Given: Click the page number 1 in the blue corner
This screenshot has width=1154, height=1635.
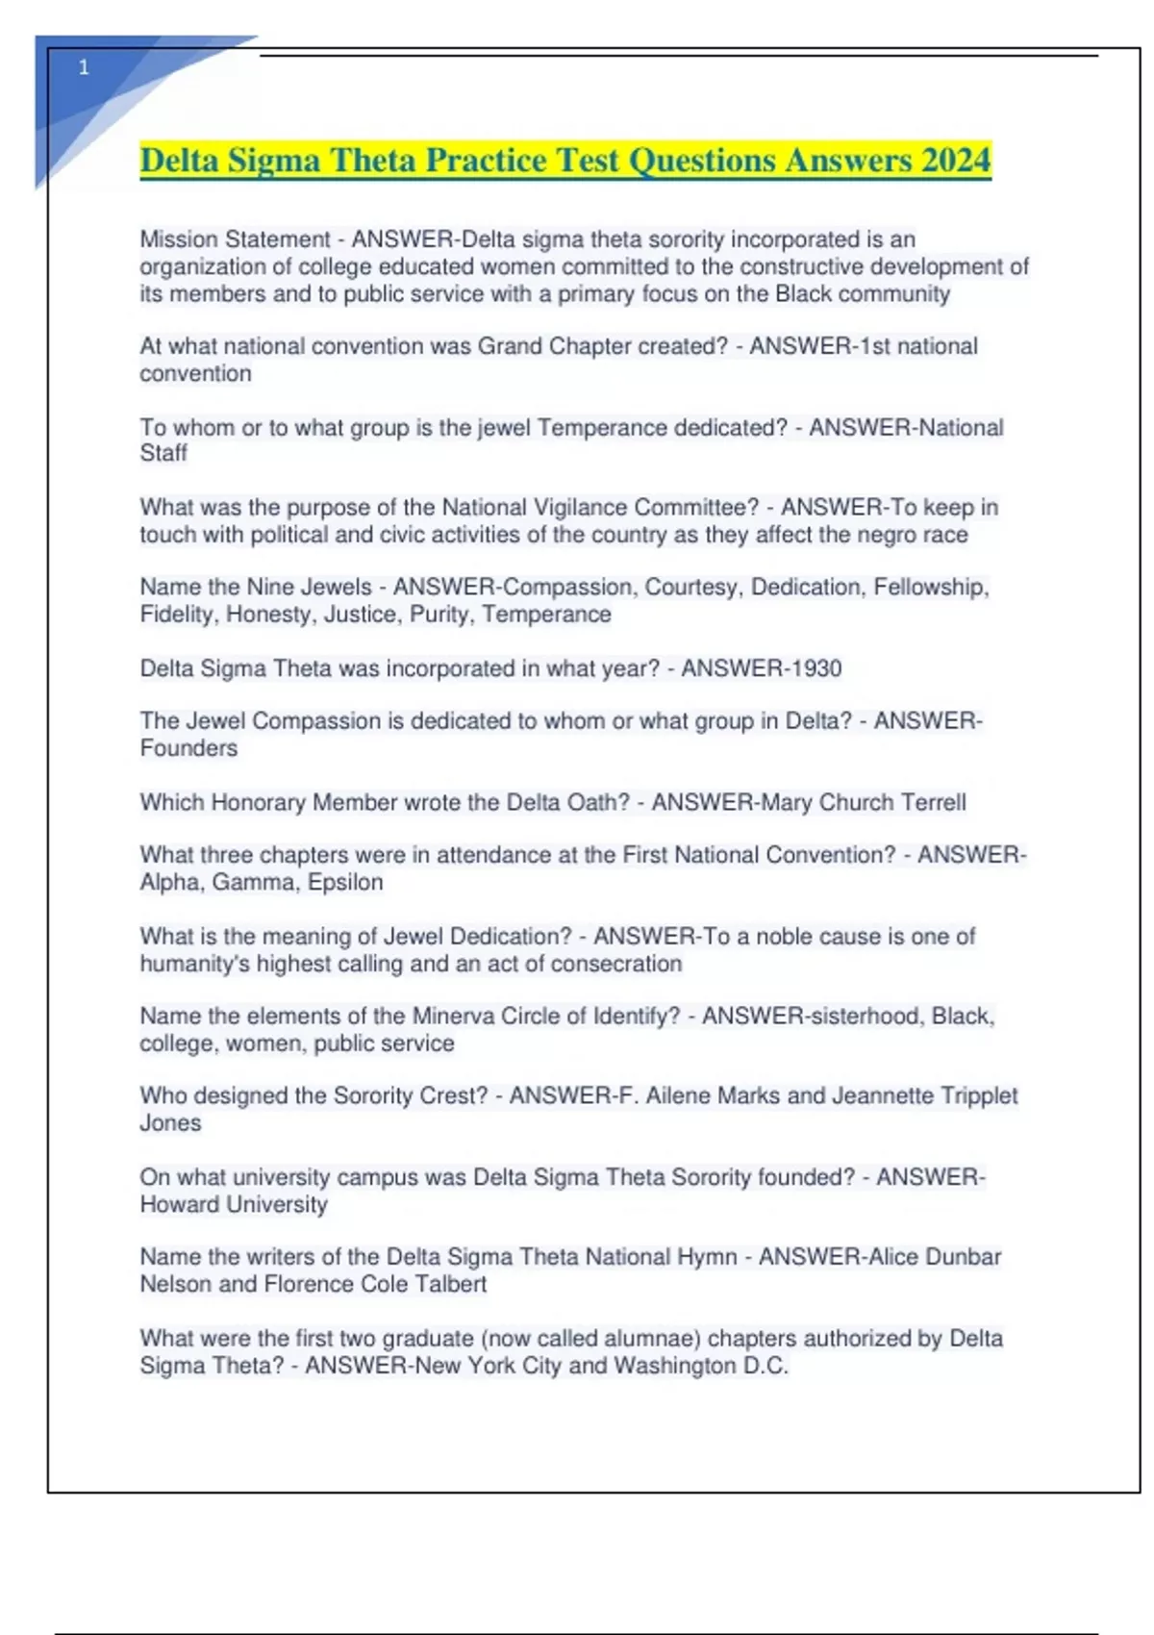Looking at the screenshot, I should tap(84, 67).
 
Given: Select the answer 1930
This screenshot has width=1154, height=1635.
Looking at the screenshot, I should tap(810, 668).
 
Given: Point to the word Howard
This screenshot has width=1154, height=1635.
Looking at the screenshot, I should tap(180, 1204).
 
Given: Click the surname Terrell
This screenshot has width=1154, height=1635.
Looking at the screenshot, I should tap(929, 802).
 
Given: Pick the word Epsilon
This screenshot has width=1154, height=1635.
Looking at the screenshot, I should tap(345, 882).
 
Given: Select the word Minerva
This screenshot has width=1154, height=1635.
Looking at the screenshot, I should tap(452, 1016).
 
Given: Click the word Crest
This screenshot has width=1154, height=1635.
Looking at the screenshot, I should tap(443, 1095).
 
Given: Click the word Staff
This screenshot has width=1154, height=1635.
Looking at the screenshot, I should tap(163, 453).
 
